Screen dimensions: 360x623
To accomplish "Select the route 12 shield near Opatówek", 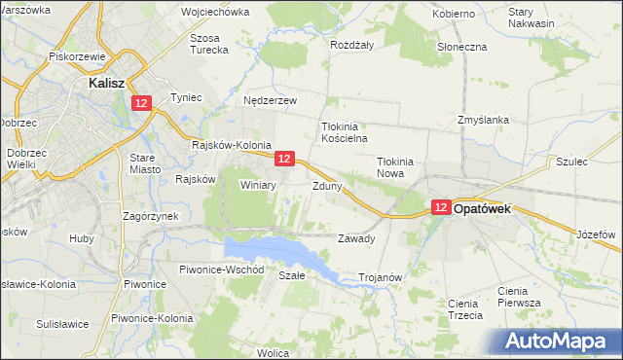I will [440, 207].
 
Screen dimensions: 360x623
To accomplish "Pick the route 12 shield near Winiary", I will [284, 158].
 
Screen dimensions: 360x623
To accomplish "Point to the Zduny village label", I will [326, 185].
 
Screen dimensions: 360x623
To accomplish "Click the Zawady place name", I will [355, 238].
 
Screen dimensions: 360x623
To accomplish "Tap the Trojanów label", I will [381, 277].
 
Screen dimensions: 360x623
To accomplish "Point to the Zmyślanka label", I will [484, 120].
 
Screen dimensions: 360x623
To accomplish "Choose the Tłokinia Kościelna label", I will [343, 132].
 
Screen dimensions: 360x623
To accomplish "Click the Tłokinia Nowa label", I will [396, 167].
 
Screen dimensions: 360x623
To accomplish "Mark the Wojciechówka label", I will [215, 13].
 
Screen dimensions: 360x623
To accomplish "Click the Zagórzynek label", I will [150, 216].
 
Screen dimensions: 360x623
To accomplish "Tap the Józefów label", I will [598, 235].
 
